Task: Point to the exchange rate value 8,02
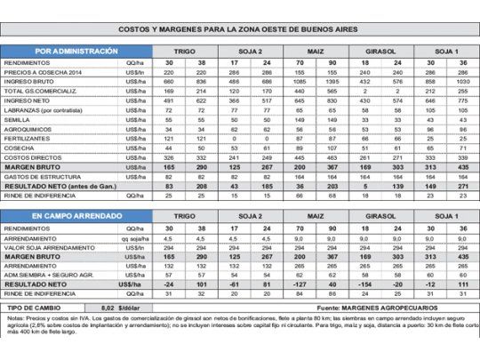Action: tap(125, 305)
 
